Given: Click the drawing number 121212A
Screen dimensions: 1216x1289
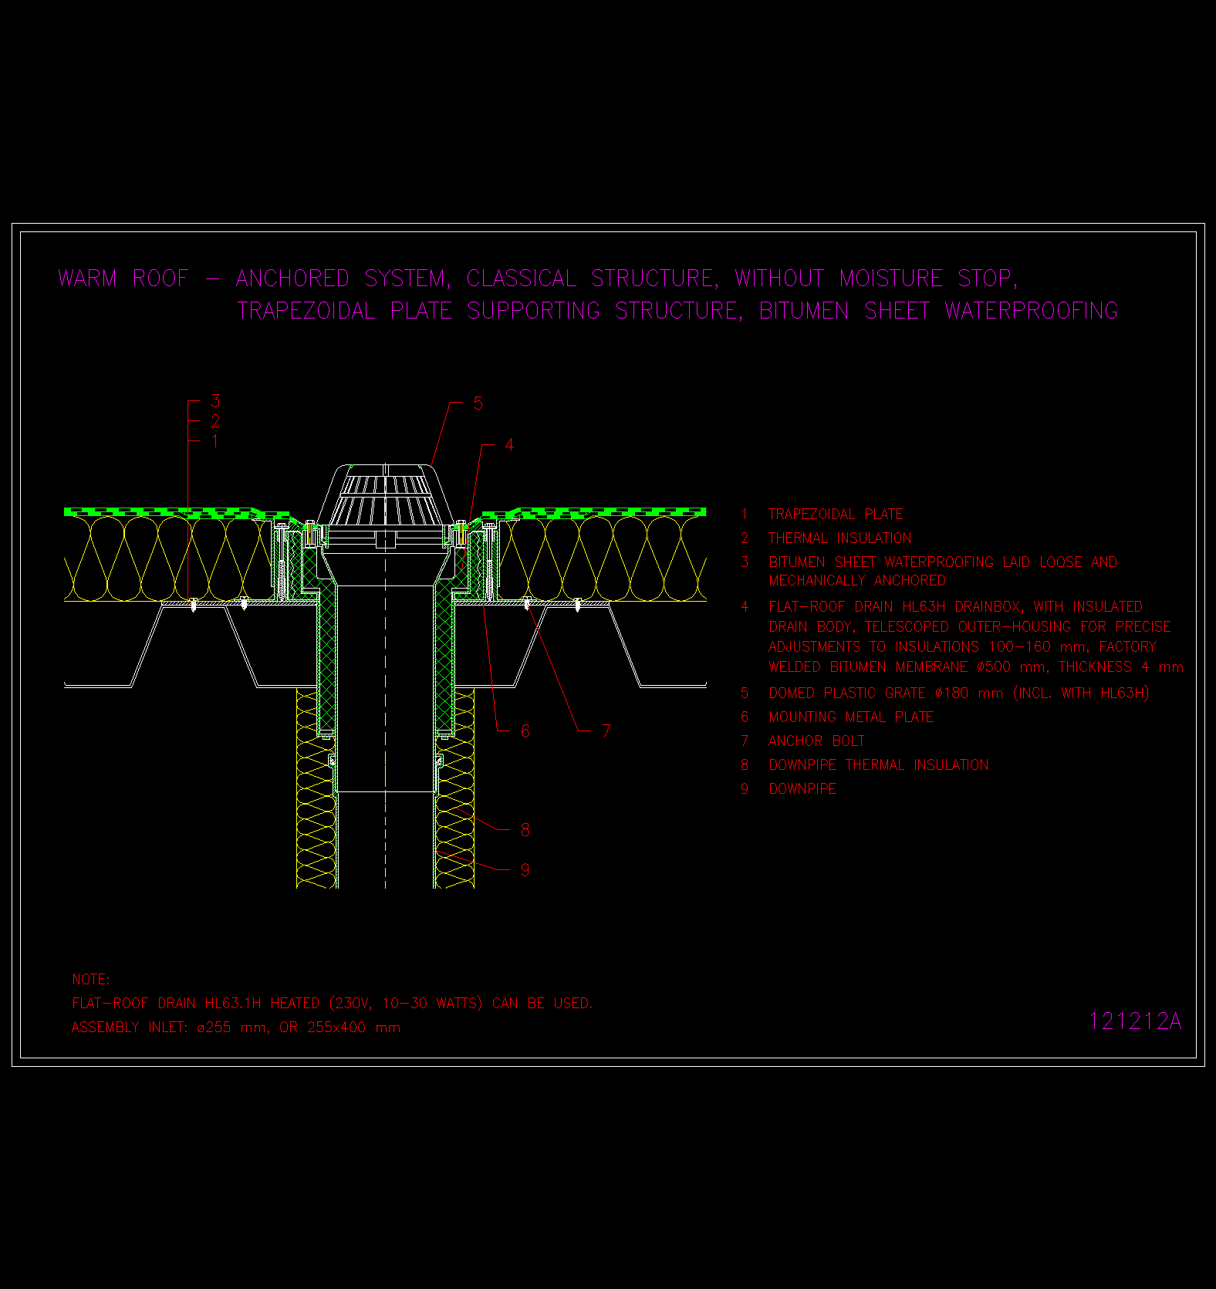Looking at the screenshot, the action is [x=1135, y=1021].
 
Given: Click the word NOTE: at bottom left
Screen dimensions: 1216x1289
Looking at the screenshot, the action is [x=90, y=979].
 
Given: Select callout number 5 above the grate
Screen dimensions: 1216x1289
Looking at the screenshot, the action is [x=478, y=403].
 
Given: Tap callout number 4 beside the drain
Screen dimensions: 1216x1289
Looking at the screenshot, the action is [x=509, y=445].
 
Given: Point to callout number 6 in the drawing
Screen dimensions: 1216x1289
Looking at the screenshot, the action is [x=525, y=731].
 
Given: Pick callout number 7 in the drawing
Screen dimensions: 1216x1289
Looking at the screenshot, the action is [x=606, y=731].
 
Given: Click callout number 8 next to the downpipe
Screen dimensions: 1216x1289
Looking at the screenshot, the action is [x=525, y=830].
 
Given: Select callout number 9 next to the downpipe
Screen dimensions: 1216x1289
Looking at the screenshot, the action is [x=525, y=870].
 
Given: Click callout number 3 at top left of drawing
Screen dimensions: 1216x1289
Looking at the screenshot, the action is [x=215, y=401].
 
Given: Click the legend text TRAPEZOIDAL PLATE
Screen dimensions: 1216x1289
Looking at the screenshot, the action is [x=836, y=514].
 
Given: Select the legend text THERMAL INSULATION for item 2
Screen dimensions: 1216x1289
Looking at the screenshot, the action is [x=840, y=538].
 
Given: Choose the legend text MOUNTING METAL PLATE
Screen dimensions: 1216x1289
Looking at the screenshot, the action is [x=851, y=717].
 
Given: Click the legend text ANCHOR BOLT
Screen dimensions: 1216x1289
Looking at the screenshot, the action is [x=816, y=741].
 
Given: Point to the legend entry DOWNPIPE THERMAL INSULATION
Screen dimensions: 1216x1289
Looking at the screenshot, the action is [x=879, y=764].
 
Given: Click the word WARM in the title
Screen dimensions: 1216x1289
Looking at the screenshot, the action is [x=87, y=278].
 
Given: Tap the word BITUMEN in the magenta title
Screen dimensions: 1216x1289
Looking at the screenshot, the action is [x=804, y=310].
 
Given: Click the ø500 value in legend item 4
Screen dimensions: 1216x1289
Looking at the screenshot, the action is [x=994, y=666].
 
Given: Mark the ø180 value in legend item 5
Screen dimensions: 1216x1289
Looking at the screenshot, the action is [x=951, y=693].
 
